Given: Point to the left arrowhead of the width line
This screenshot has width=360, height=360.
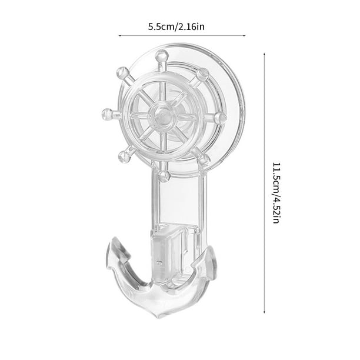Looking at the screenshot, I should coord(121,36).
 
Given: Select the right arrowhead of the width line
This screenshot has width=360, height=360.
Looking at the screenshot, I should coord(244,36).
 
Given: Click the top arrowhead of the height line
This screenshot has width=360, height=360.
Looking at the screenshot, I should coord(264,45).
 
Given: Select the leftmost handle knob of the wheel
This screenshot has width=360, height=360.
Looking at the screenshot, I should coord(107,113).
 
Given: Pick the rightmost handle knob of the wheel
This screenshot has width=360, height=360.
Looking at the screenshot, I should coord(220,118).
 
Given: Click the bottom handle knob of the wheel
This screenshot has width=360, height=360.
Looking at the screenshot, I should coord(164,175).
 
